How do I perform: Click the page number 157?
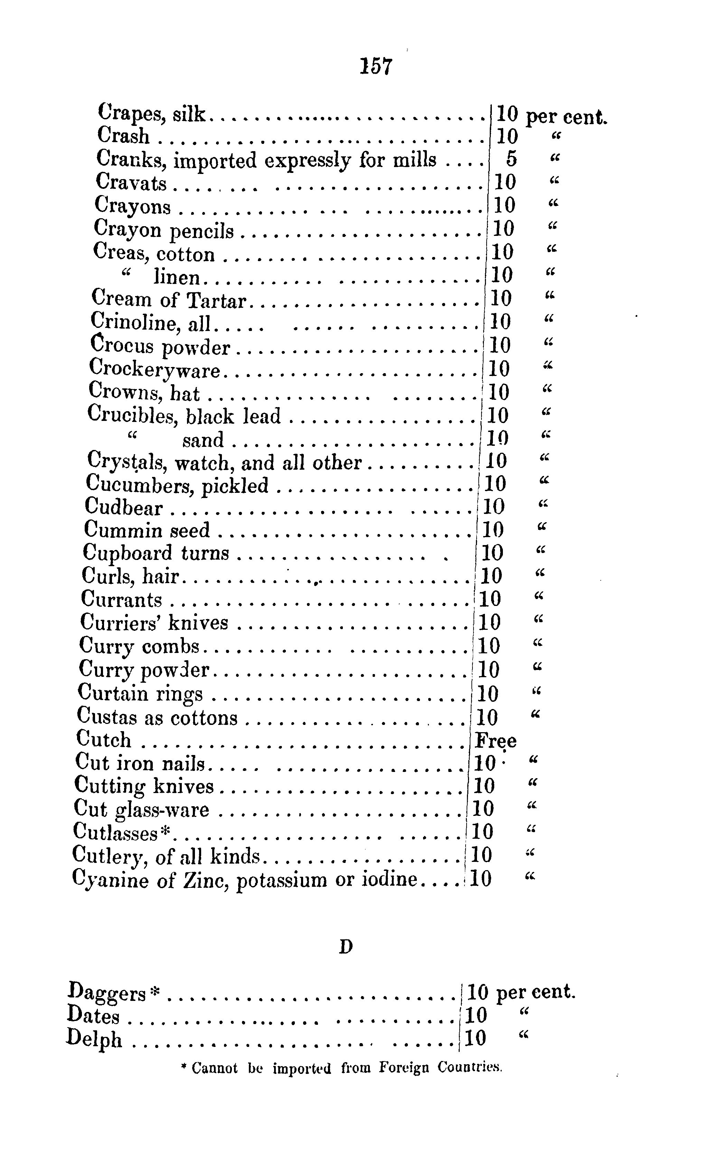(x=376, y=66)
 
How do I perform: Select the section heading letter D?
(x=346, y=946)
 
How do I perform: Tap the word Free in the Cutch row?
(x=495, y=741)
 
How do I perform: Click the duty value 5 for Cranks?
(x=512, y=159)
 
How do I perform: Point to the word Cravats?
(x=131, y=182)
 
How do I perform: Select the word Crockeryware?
(x=154, y=369)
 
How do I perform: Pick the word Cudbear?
(x=123, y=507)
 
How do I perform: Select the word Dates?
(x=93, y=1015)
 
